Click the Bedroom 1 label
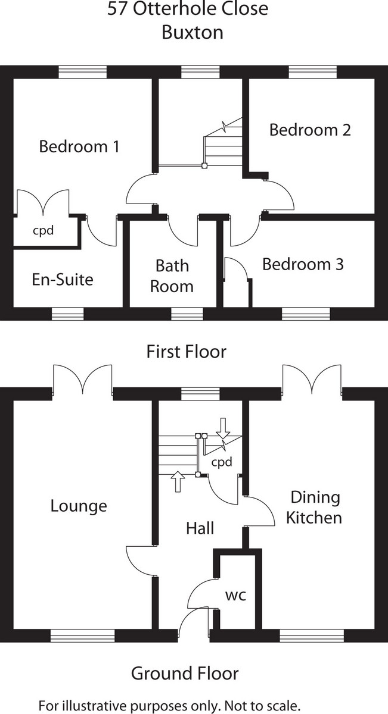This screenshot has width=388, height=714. coord(79,146)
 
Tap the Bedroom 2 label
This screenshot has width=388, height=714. coord(310,130)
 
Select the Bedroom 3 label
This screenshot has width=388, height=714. coord(303,264)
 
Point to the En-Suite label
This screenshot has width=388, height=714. coord(63,280)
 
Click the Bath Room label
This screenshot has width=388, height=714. coord(172,276)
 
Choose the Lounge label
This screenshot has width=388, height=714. coord(79,506)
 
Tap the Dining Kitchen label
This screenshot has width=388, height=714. coord(314,507)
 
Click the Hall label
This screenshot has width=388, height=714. coord(200,528)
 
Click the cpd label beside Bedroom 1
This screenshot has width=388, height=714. coord(43,230)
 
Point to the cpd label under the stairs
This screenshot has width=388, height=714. coord(222,462)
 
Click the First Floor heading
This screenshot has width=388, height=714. coord(187,352)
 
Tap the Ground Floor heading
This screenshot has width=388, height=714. coord(185,674)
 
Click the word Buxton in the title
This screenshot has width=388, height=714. coord(193,33)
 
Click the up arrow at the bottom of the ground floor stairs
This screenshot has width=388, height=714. coord(178,481)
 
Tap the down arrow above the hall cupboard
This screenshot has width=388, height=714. coord(223,428)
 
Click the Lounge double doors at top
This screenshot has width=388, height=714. coord(82,380)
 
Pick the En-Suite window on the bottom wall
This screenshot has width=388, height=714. coord(68,314)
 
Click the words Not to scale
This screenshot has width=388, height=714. coord(262,706)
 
